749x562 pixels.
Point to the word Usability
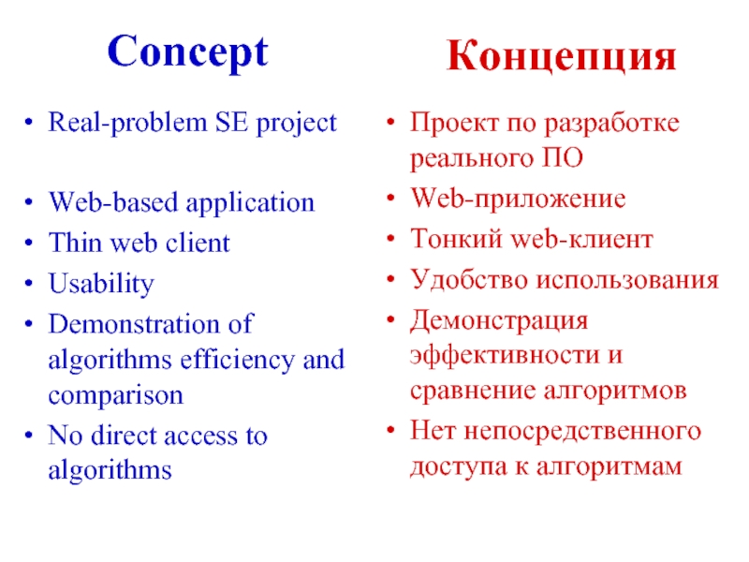tap(101, 285)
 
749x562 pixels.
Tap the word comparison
tap(115, 395)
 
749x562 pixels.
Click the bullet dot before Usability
tap(32, 285)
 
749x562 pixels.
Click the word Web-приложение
tap(518, 200)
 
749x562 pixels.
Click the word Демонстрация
tap(499, 319)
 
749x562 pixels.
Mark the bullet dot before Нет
tap(392, 432)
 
